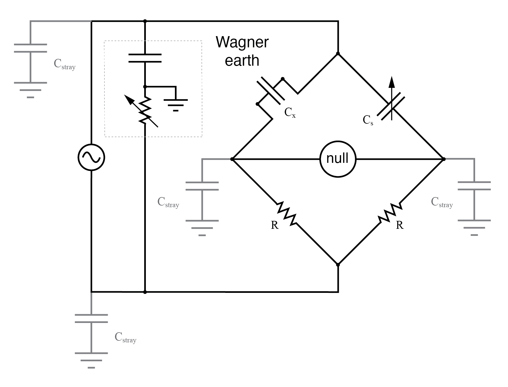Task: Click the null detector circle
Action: [x=338, y=159]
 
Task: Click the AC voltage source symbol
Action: [x=91, y=157]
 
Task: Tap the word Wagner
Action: [x=242, y=42]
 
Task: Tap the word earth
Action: [x=242, y=60]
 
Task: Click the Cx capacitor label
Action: [x=290, y=112]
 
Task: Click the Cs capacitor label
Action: [x=368, y=120]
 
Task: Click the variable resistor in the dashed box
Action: [x=144, y=111]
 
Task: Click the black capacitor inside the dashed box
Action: [x=145, y=58]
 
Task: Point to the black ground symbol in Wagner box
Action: [x=176, y=104]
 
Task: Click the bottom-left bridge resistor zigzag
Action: [x=287, y=214]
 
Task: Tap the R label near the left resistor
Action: [x=274, y=225]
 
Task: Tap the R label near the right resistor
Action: [x=400, y=225]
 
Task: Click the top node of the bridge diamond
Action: [x=338, y=54]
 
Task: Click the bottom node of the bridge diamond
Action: [x=338, y=265]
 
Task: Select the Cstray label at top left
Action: [x=64, y=64]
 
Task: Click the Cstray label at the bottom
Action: [x=125, y=338]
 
